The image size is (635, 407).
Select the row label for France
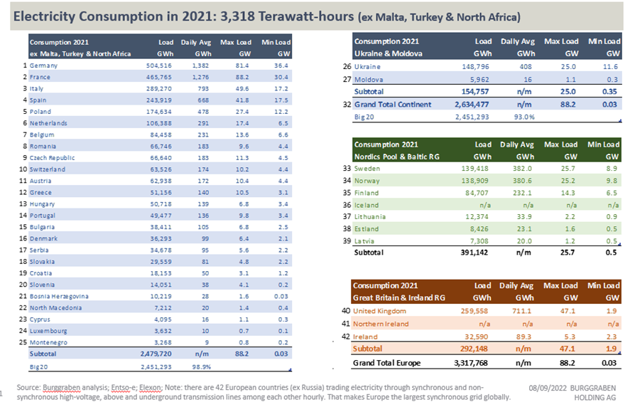click(x=39, y=77)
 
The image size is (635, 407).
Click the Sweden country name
click(x=368, y=169)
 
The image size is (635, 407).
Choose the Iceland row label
click(x=367, y=205)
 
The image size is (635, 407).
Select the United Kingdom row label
click(x=379, y=311)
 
